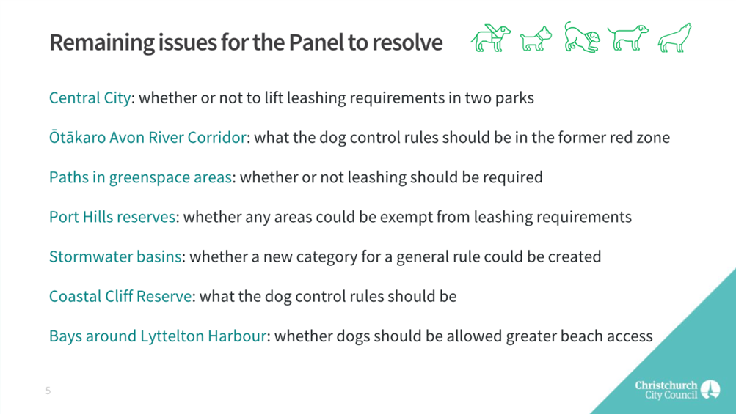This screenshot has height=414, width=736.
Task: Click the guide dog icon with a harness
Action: (490, 38)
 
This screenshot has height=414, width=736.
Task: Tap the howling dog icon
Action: (674, 37)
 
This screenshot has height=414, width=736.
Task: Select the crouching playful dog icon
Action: (582, 37)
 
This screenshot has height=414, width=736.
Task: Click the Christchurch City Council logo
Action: (677, 390)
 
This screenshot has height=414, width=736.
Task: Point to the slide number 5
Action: (48, 391)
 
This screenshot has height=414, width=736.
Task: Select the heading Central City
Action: (90, 97)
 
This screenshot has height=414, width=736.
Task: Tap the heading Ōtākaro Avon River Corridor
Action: (147, 137)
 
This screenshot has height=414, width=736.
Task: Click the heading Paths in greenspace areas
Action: (140, 177)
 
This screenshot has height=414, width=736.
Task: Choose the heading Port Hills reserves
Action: (112, 217)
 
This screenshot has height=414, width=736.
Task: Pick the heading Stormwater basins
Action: (115, 256)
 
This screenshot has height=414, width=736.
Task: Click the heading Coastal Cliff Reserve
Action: (120, 296)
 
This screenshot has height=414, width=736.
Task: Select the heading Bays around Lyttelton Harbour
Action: (158, 336)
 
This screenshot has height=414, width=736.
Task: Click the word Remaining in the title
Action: (101, 42)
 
